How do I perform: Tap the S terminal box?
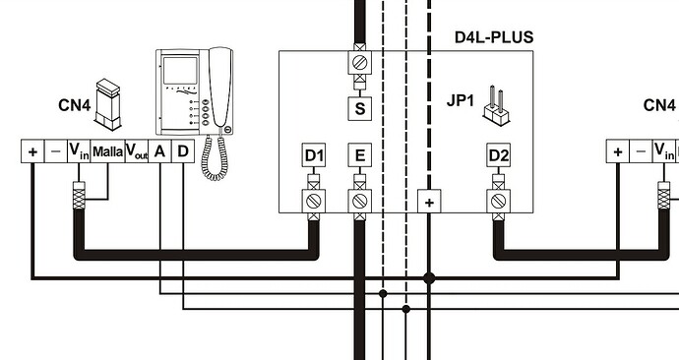tap(359, 108)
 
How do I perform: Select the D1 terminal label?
tap(313, 155)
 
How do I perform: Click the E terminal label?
tap(359, 155)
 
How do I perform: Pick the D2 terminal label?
tap(499, 155)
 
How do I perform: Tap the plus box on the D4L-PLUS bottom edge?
tap(429, 202)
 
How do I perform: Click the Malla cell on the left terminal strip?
tap(107, 151)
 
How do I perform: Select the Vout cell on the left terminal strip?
tap(136, 151)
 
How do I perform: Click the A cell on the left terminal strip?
tap(159, 151)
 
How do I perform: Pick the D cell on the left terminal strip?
tap(182, 151)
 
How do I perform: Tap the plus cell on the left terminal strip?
tap(32, 151)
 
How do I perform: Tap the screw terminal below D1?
tap(313, 201)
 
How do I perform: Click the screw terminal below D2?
tap(499, 201)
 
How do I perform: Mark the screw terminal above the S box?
tap(359, 64)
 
